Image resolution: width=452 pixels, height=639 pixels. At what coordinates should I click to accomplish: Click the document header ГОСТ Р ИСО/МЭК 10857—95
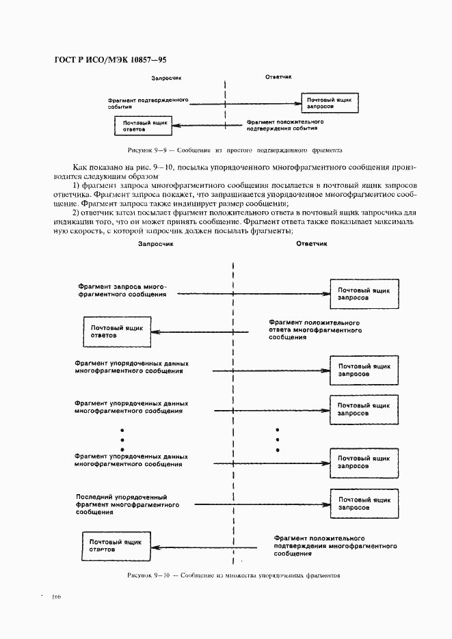coord(110,61)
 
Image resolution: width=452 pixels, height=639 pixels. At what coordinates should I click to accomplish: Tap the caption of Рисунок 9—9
coord(235,149)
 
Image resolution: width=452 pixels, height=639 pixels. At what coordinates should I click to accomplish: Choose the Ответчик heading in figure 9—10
coord(312,243)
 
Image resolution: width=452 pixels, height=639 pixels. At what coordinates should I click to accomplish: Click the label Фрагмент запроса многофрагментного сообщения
coord(122,290)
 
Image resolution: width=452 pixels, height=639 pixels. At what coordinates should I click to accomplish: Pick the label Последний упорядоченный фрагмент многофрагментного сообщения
coord(128,504)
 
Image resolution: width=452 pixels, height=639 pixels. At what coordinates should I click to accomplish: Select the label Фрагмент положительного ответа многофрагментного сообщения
coord(315,329)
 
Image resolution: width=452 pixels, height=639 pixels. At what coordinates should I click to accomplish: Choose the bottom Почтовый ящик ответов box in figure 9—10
coord(116,545)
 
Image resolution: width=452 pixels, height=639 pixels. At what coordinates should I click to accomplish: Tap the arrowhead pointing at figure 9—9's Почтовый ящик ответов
coord(174,125)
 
